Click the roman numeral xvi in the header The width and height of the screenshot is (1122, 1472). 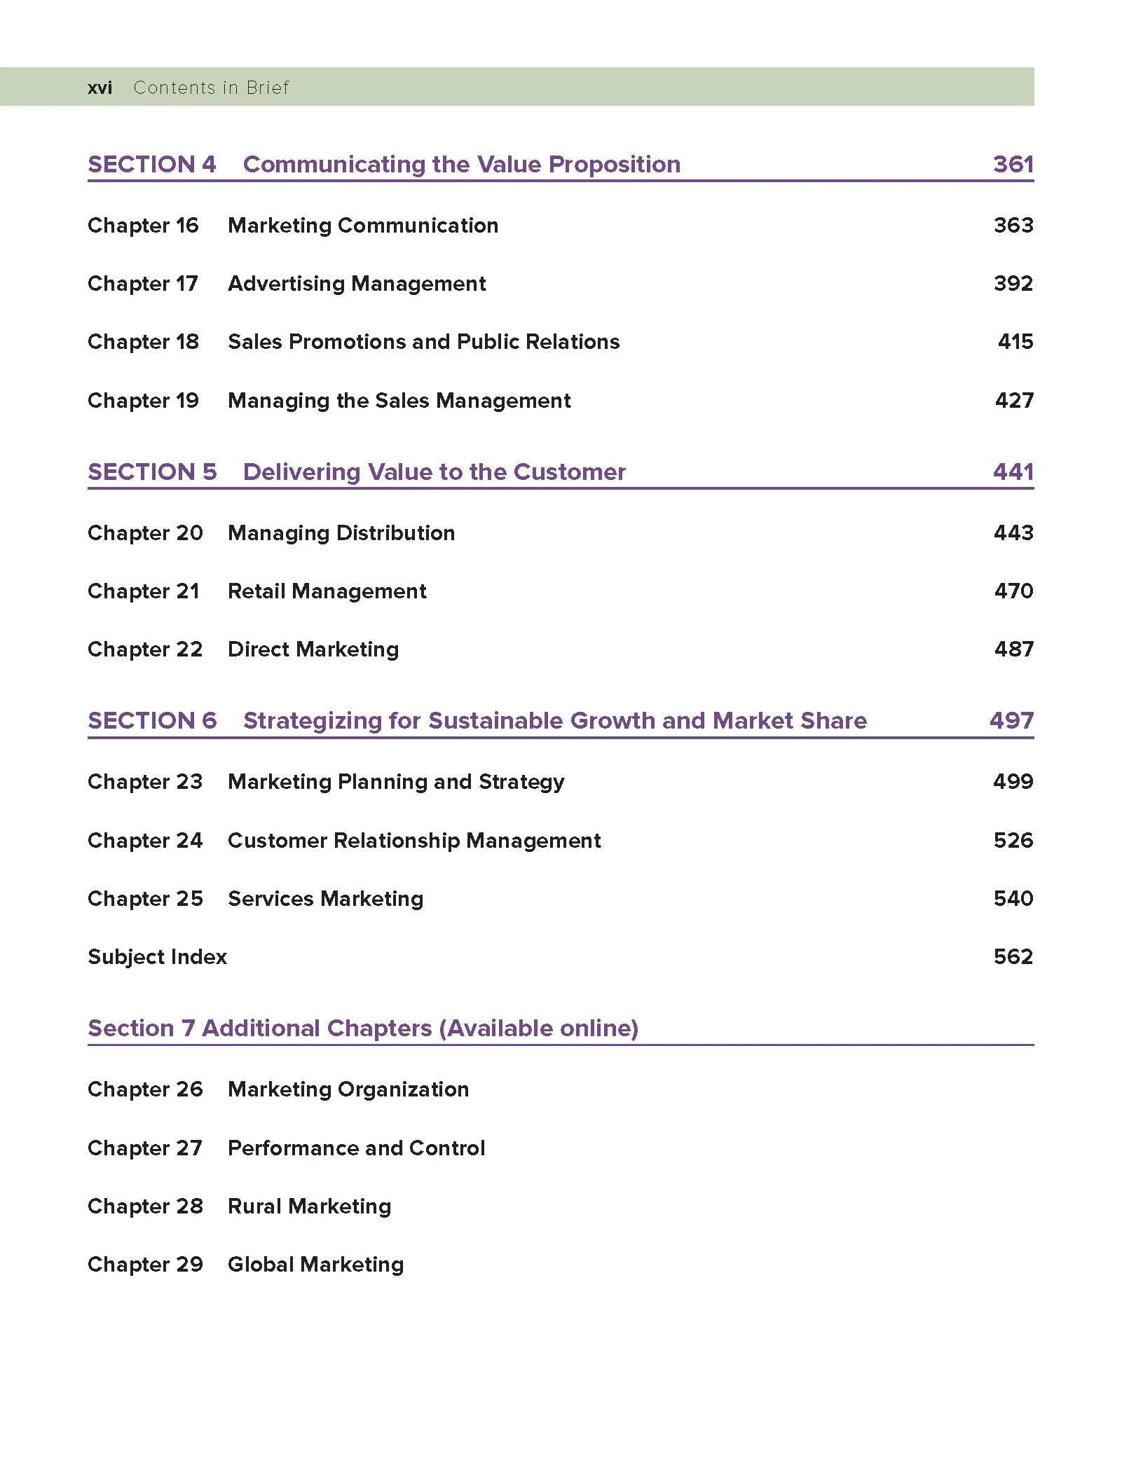pos(100,88)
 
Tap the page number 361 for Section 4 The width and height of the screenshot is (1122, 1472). pos(1013,164)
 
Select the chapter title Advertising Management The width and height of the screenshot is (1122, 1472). pos(357,284)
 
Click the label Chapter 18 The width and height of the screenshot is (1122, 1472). pos(143,342)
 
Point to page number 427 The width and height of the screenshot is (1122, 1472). pos(1013,401)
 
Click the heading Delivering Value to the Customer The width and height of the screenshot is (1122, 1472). pos(434,472)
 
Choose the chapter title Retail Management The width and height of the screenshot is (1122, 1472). pos(327,591)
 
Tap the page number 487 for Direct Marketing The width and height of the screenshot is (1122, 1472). pos(1013,649)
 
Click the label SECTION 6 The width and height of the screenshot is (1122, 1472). pos(152,720)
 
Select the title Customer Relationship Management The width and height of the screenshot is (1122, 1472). pos(414,841)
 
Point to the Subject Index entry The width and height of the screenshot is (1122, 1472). pos(157,957)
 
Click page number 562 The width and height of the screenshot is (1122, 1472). pos(1013,957)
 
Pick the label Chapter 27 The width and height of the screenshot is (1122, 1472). pos(144,1148)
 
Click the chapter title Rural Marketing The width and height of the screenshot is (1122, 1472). pos(309,1206)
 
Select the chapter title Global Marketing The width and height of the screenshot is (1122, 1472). pos(315,1265)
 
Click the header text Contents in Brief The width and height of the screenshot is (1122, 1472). pos(211,88)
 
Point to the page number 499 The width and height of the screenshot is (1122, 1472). pos(1013,782)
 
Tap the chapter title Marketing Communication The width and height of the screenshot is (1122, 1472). pos(363,226)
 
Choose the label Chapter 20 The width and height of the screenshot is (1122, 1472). pos(145,533)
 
